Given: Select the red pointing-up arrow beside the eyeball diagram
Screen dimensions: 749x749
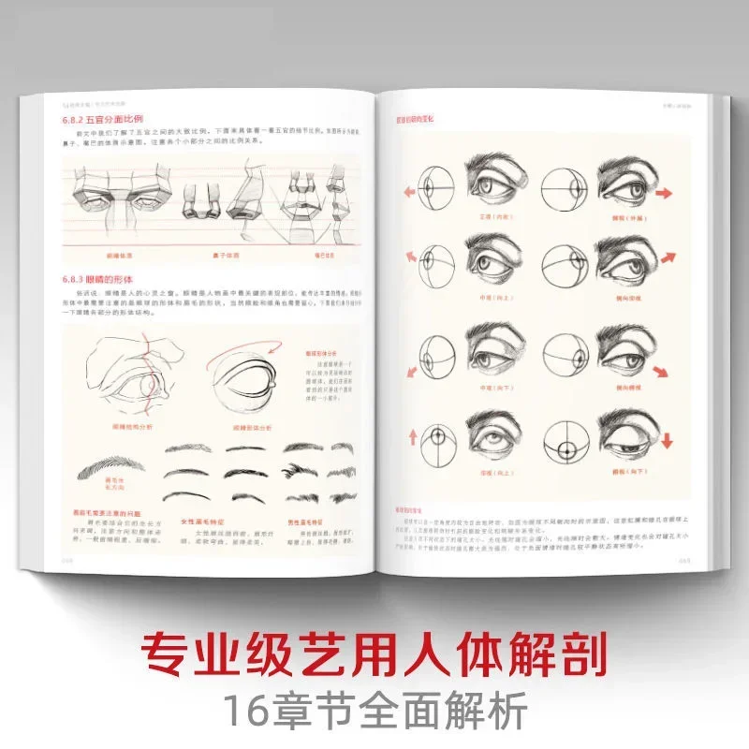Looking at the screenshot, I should pos(410,435).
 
